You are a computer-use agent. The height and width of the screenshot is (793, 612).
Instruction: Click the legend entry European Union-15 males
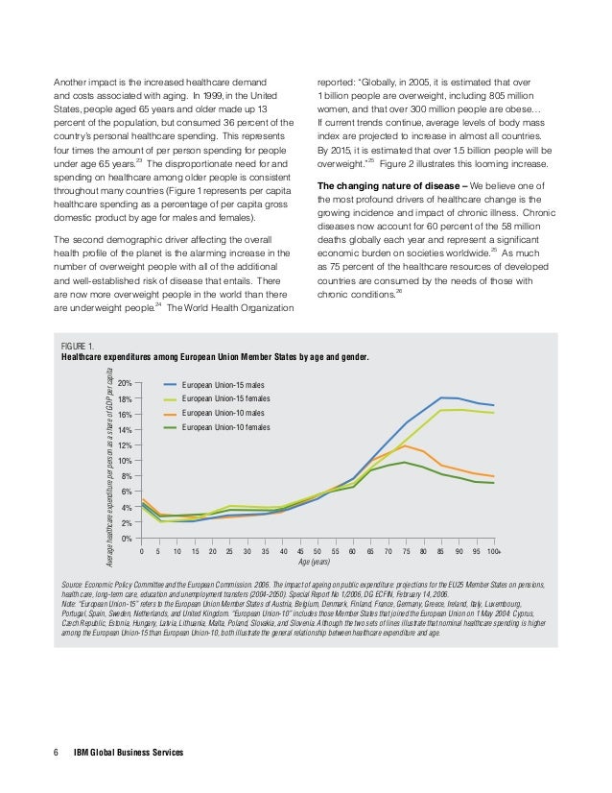tap(217, 382)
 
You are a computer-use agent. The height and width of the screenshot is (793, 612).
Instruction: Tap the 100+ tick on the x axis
tap(493, 551)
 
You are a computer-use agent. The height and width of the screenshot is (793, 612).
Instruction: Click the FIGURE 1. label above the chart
tap(78, 346)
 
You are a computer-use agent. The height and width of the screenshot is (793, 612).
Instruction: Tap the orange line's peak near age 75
tap(407, 445)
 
